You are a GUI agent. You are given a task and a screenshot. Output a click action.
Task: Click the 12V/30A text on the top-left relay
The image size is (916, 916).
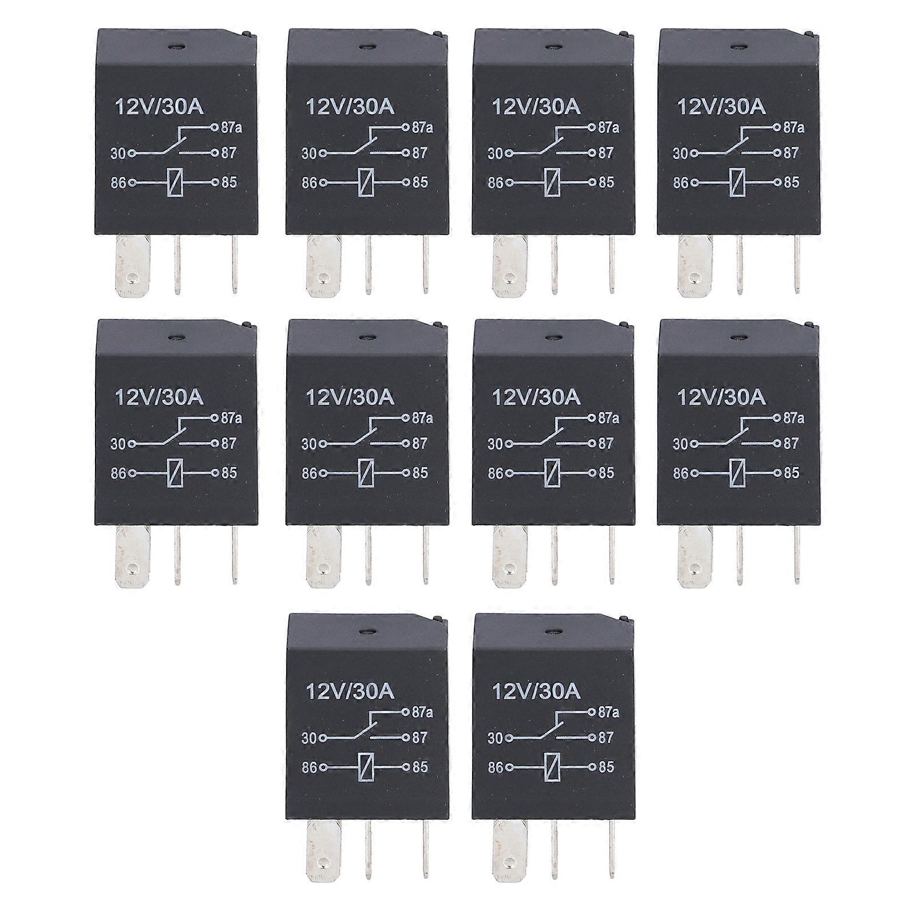(159, 107)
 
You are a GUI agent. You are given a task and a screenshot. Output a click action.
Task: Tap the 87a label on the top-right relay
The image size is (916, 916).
(794, 128)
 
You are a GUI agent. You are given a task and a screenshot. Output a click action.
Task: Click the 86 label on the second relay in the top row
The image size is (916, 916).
(309, 183)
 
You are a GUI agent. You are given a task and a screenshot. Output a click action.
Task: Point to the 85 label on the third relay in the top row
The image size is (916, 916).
(606, 183)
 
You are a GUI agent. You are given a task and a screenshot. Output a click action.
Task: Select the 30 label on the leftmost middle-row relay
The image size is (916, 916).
(118, 443)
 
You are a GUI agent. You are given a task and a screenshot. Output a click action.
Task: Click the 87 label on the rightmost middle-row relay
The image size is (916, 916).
(791, 443)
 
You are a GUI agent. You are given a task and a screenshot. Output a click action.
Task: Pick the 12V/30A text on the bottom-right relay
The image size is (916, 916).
(536, 692)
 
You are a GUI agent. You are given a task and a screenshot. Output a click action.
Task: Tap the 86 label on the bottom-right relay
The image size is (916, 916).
(495, 768)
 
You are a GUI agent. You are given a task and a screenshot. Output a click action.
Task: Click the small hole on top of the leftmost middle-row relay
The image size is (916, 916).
(175, 338)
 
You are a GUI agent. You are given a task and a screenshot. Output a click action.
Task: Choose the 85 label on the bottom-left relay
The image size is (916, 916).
(420, 767)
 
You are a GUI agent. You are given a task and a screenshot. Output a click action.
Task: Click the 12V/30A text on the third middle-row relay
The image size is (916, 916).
(536, 397)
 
